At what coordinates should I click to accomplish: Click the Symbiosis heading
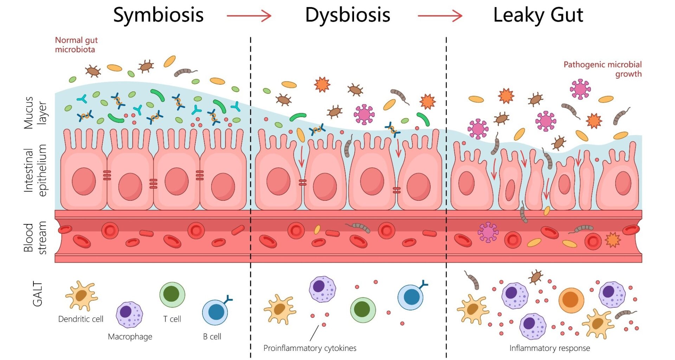158,15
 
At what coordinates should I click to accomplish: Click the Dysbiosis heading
347,15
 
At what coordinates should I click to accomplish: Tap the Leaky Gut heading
538,15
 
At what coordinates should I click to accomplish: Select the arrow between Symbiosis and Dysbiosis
249,16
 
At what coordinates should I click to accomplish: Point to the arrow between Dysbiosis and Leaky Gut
440,16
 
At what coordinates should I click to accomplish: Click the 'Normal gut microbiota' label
76,45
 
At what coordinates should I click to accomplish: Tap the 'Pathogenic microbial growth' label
602,69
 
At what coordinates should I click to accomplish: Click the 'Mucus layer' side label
34,113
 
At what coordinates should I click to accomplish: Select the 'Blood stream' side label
34,238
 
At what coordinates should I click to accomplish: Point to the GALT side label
37,294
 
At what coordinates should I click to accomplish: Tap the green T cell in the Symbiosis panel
172,295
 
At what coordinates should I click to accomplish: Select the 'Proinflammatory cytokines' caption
310,348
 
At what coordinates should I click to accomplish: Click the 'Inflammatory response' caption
549,348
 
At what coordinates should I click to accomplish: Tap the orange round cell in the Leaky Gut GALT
571,300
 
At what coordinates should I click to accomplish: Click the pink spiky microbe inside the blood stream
488,232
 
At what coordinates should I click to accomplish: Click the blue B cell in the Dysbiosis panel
411,297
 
